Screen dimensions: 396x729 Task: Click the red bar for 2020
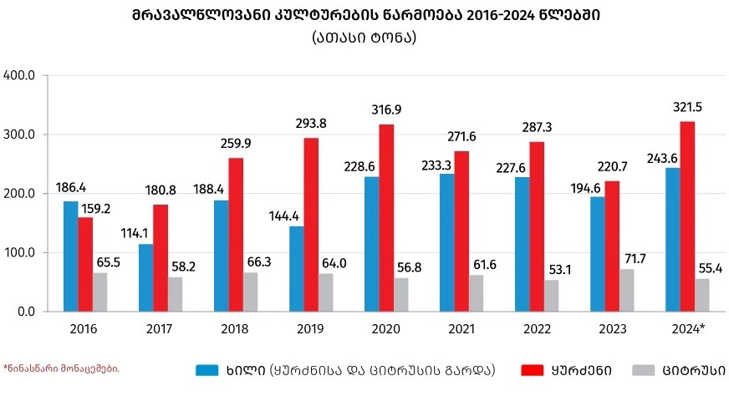(x=386, y=217)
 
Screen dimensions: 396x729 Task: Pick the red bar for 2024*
(x=687, y=216)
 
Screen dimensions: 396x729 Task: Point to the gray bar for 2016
(x=100, y=292)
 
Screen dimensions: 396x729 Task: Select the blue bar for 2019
(x=297, y=268)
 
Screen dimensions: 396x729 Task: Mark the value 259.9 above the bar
(x=236, y=143)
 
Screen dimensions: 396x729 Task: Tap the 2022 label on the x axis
(x=537, y=329)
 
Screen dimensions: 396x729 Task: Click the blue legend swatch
(x=207, y=369)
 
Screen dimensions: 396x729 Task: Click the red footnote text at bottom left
(x=61, y=368)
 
